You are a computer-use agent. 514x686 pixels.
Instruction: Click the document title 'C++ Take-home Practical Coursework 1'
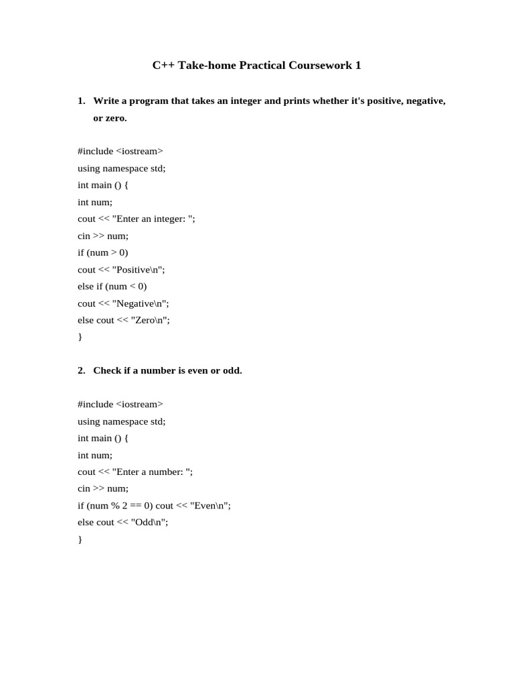[x=256, y=66]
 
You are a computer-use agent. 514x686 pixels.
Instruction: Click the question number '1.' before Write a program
[x=82, y=100]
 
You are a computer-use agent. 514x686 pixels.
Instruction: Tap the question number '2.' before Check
[x=82, y=370]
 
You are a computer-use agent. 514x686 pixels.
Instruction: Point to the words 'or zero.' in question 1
[x=110, y=118]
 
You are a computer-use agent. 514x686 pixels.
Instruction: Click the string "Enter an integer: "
[x=154, y=219]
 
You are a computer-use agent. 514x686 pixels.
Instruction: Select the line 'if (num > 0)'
[x=102, y=253]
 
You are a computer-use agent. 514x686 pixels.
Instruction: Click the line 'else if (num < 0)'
[x=112, y=286]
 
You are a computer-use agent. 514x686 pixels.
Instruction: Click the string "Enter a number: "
[x=153, y=472]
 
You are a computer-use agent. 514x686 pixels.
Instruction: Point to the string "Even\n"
[x=210, y=506]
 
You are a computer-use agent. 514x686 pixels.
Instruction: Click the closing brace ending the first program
[x=80, y=337]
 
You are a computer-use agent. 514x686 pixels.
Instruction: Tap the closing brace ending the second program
[x=80, y=539]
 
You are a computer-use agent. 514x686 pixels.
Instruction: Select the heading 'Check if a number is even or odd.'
[x=167, y=370]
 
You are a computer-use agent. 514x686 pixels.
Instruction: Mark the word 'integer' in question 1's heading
[x=238, y=100]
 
